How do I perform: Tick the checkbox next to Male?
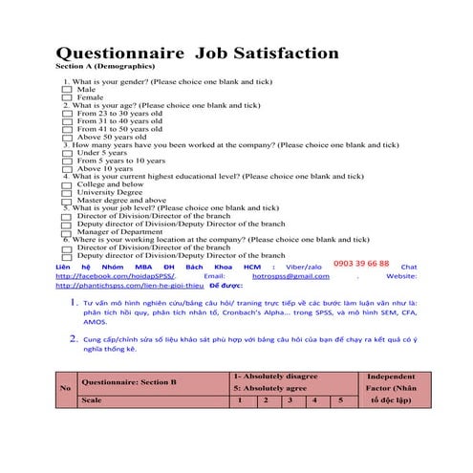66,90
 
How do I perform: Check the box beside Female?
66,97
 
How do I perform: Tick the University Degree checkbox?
66,192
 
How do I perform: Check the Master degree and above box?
66,201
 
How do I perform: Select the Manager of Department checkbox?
66,232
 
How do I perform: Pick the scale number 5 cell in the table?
340,400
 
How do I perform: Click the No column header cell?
65,388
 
